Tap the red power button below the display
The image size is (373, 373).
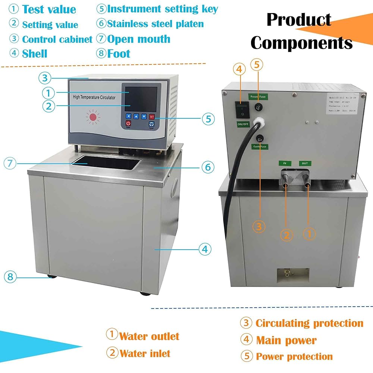(128, 123)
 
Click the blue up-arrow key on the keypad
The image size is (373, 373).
(136, 116)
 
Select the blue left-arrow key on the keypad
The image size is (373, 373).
(128, 116)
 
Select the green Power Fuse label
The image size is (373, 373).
(258, 97)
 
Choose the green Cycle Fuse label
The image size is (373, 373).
(259, 147)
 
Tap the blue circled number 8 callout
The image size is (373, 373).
(10, 277)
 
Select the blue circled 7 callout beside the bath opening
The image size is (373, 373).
(10, 163)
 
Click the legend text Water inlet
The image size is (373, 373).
(145, 353)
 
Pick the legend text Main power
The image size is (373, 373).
(286, 340)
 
